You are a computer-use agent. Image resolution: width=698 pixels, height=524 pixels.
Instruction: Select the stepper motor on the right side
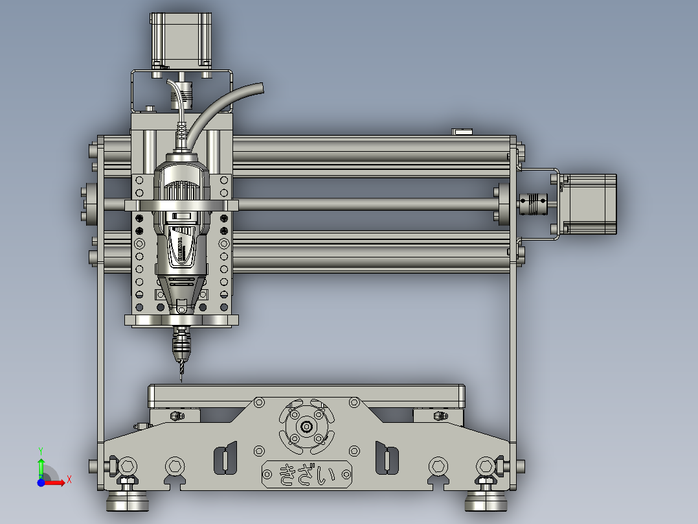pos(589,204)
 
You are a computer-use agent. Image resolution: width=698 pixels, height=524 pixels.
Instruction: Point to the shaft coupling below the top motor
pos(178,94)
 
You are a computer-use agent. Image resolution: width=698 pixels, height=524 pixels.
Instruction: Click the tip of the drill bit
pos(181,379)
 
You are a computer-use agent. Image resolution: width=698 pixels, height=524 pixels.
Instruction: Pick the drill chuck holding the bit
pos(181,344)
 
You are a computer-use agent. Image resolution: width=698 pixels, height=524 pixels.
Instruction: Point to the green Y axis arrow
pos(41,463)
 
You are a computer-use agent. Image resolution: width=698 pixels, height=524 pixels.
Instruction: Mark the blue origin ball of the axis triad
pos(41,482)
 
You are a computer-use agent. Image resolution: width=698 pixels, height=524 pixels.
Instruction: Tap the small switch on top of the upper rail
pos(462,132)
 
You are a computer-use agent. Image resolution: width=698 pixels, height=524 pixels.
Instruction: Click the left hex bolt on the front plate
pos(128,466)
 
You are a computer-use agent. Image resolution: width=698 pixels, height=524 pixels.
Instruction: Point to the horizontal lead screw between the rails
pos(363,204)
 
